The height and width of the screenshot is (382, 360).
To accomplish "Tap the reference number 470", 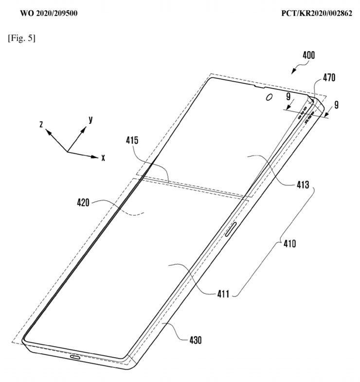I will click(x=329, y=77).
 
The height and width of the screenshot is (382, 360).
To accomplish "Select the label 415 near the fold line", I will click(x=132, y=141).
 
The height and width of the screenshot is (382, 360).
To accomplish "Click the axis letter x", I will click(x=104, y=158).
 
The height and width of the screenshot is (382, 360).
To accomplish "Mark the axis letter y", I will click(x=91, y=119).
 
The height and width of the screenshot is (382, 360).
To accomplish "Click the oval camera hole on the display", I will click(x=269, y=97).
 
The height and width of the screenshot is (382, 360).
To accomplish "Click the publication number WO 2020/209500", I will click(x=47, y=13).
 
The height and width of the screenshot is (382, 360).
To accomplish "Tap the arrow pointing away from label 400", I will click(x=295, y=70).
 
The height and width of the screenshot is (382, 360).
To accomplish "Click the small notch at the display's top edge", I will click(x=255, y=88).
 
